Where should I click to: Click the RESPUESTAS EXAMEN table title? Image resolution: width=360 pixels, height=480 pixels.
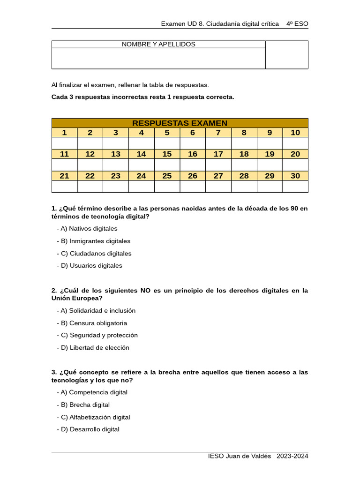pyautogui.click(x=180, y=123)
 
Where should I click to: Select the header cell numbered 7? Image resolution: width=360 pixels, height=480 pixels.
pyautogui.click(x=218, y=133)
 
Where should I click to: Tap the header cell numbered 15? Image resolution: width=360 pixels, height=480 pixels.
pyautogui.click(x=167, y=154)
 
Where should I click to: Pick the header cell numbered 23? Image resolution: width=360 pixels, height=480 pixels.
pyautogui.click(x=116, y=176)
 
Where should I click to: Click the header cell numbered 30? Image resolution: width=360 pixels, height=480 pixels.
pyautogui.click(x=295, y=176)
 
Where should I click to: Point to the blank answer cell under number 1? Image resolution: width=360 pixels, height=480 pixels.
pyautogui.click(x=64, y=143)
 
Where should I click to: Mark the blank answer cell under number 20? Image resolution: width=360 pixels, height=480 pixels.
pyautogui.click(x=295, y=165)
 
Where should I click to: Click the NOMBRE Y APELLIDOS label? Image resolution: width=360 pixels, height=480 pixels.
pyautogui.click(x=158, y=45)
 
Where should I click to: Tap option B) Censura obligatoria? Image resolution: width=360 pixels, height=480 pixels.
pyautogui.click(x=98, y=323)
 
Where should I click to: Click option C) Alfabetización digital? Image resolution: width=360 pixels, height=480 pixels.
pyautogui.click(x=100, y=417)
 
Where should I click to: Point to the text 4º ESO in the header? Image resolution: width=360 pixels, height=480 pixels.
pyautogui.click(x=297, y=23)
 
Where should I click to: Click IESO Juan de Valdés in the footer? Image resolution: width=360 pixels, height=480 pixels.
pyautogui.click(x=240, y=457)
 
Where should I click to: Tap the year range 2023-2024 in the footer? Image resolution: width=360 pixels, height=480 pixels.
pyautogui.click(x=292, y=457)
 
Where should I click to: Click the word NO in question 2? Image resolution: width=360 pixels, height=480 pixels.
pyautogui.click(x=145, y=291)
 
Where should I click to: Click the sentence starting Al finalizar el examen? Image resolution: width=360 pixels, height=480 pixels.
pyautogui.click(x=130, y=85)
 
